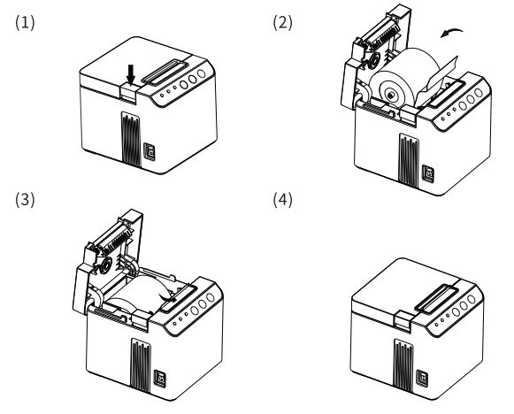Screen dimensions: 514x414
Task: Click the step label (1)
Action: click(25, 23)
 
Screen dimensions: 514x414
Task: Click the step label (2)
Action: click(282, 23)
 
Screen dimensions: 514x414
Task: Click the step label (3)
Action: click(25, 200)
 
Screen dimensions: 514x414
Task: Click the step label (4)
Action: click(282, 200)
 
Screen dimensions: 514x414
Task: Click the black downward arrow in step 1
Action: click(131, 74)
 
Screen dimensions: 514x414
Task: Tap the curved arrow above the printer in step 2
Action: click(452, 32)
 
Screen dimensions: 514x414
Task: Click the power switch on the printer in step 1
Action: click(150, 152)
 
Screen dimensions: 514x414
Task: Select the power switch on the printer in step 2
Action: click(428, 173)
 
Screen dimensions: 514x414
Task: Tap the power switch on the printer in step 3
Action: click(160, 378)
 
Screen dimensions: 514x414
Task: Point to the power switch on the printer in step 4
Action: click(422, 378)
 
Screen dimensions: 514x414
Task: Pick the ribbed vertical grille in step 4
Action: click(403, 366)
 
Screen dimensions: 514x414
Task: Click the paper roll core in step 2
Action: click(391, 95)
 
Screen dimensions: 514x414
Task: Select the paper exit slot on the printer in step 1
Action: click(165, 72)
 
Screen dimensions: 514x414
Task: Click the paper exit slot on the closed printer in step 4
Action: click(437, 298)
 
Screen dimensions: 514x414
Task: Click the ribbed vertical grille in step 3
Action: click(141, 365)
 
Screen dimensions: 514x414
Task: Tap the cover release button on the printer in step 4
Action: click(403, 320)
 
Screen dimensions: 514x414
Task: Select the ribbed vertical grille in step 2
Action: click(409, 161)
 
